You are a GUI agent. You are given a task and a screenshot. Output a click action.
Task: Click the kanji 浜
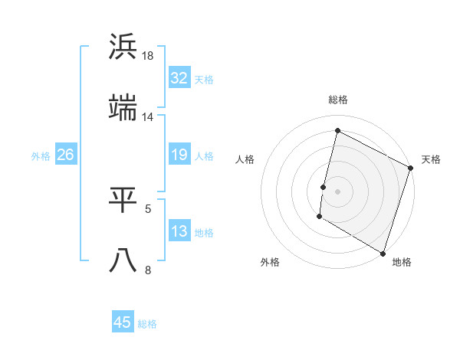[123, 47]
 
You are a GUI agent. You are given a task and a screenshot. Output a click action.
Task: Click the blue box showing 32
[179, 78]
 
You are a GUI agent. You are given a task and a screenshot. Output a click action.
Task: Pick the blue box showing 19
[179, 155]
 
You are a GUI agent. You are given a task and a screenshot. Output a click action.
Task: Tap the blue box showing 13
[179, 232]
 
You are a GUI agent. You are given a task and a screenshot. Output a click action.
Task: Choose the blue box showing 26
[65, 155]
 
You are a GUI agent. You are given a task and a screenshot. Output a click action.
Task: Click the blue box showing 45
[123, 322]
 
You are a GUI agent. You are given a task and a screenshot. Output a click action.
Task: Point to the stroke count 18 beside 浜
[149, 56]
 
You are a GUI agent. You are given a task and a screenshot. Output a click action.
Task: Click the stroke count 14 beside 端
[147, 117]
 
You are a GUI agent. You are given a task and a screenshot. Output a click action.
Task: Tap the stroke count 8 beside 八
[148, 270]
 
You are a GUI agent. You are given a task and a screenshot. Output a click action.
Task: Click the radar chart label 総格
[338, 100]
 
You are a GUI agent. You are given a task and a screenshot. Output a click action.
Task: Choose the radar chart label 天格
[431, 159]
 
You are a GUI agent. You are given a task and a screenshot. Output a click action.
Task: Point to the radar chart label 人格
[245, 159]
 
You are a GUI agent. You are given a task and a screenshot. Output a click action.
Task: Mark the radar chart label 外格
[270, 263]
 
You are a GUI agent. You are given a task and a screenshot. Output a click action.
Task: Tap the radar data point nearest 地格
[383, 253]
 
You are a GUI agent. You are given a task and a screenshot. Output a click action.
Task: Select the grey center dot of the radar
[338, 191]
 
